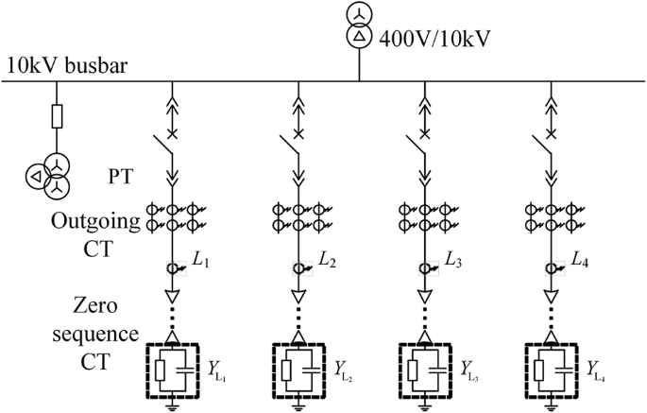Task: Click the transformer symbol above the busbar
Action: pos(359,27)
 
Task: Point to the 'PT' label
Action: pos(121,176)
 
